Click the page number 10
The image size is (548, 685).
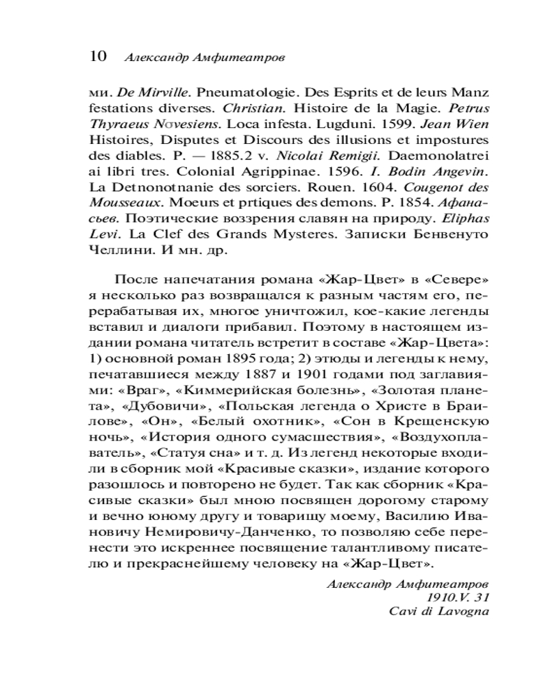[x=97, y=56]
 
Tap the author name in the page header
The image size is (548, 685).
[x=204, y=58]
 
